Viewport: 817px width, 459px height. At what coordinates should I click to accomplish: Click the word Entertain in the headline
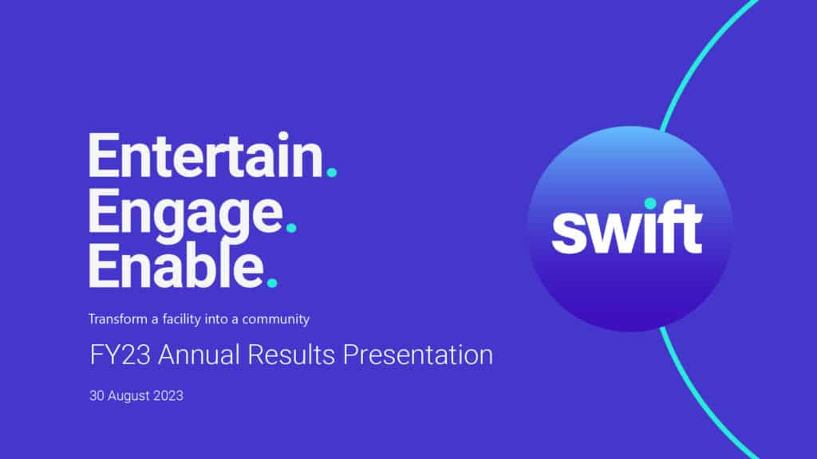click(206, 155)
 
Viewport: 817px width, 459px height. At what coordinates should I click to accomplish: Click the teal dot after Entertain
click(331, 172)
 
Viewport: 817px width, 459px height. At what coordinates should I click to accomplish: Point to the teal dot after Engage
click(291, 227)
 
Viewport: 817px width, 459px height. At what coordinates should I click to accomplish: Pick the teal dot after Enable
click(272, 283)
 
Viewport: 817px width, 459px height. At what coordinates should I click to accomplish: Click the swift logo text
click(627, 228)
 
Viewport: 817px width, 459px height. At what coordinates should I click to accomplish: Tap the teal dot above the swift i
click(650, 203)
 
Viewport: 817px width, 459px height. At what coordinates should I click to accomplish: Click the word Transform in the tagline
click(118, 319)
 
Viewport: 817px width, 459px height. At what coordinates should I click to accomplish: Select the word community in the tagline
click(275, 320)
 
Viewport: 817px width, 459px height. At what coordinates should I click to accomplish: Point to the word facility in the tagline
click(181, 319)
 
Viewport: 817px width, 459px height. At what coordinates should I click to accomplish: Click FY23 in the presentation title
click(120, 355)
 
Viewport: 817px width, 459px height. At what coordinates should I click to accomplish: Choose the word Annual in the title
click(199, 355)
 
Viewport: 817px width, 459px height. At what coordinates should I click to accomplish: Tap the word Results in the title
click(291, 355)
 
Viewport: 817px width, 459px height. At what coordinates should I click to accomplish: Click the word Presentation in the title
click(418, 355)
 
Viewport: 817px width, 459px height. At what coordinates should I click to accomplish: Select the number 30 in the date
click(97, 395)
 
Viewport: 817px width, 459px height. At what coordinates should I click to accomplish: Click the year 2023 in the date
click(168, 395)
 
